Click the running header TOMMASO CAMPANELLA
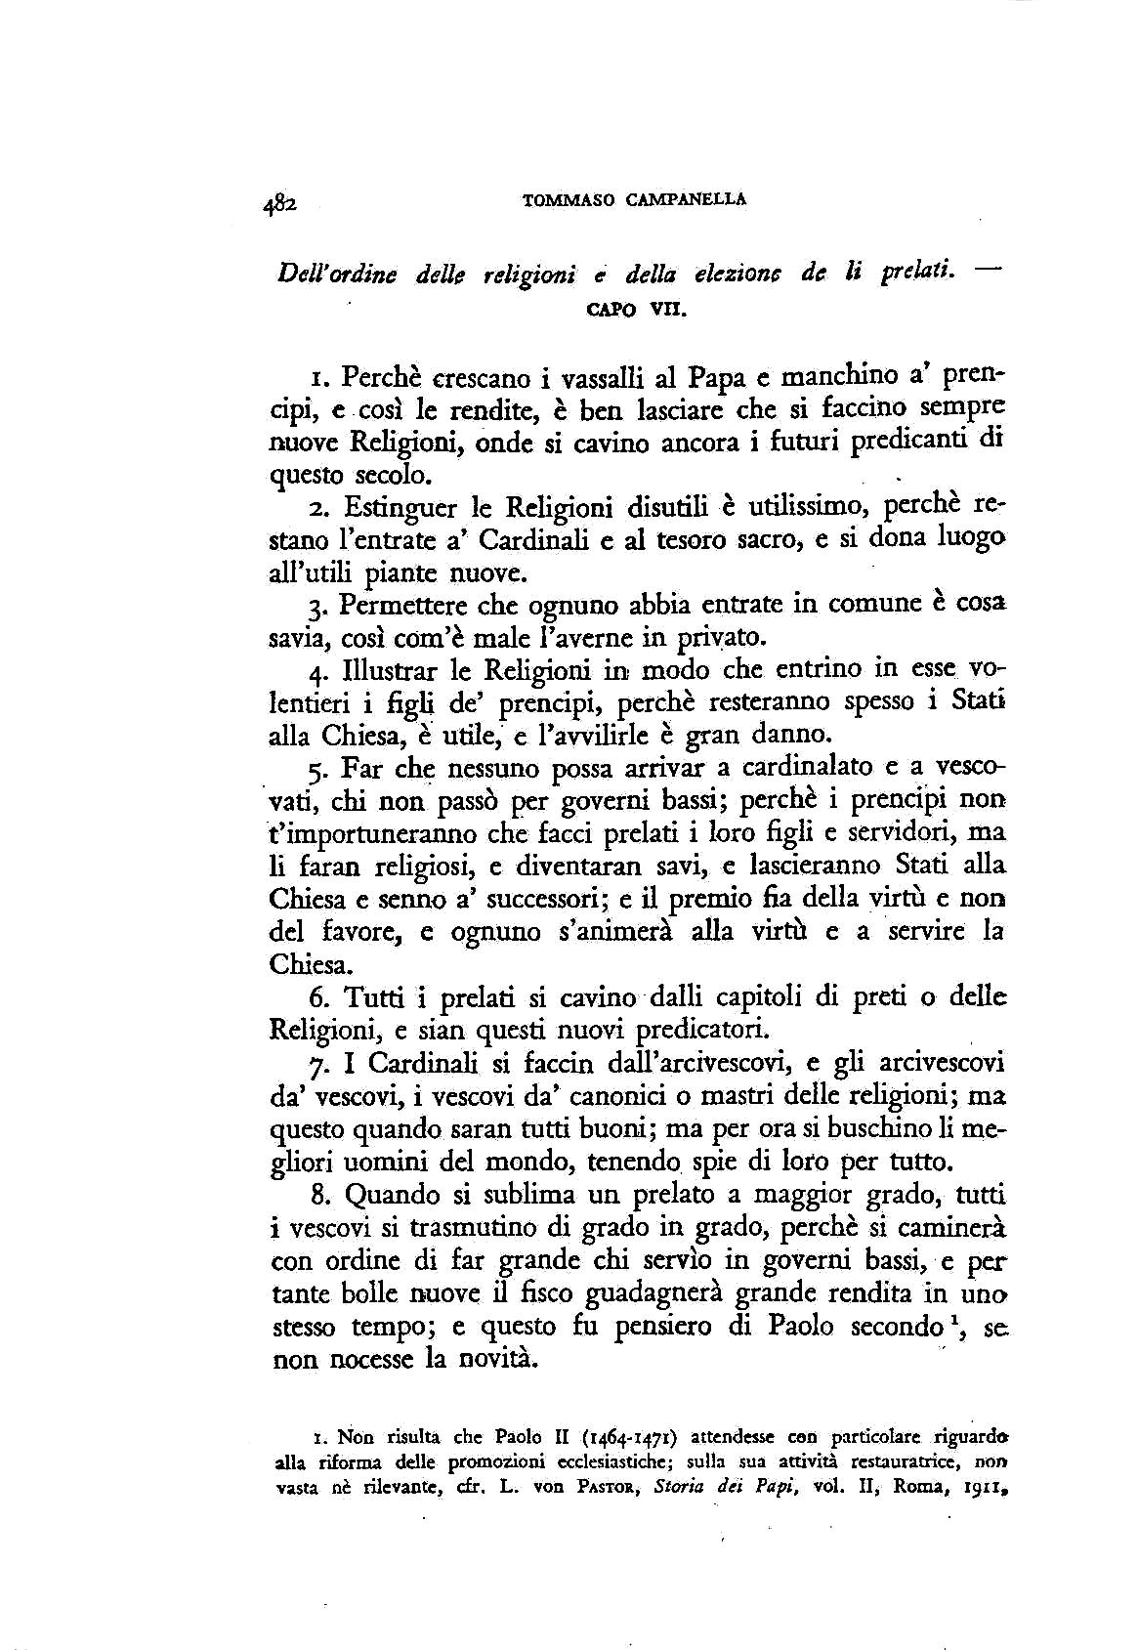[635, 199]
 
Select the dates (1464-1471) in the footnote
[631, 1438]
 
